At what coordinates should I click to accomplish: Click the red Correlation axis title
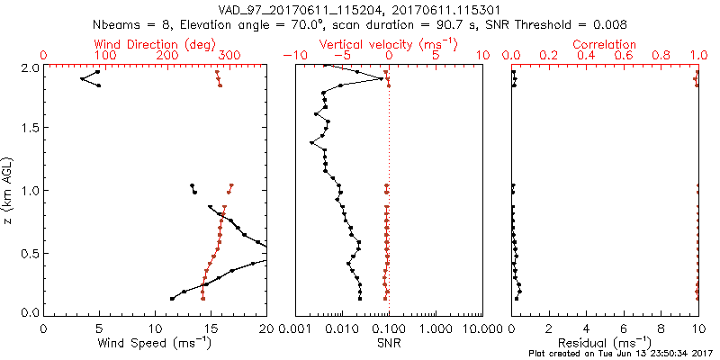pyautogui.click(x=606, y=43)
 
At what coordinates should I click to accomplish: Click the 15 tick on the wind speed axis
pyautogui.click(x=211, y=328)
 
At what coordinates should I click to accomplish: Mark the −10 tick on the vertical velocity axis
pyautogui.click(x=292, y=56)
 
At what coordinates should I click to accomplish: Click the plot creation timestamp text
pyautogui.click(x=622, y=355)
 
